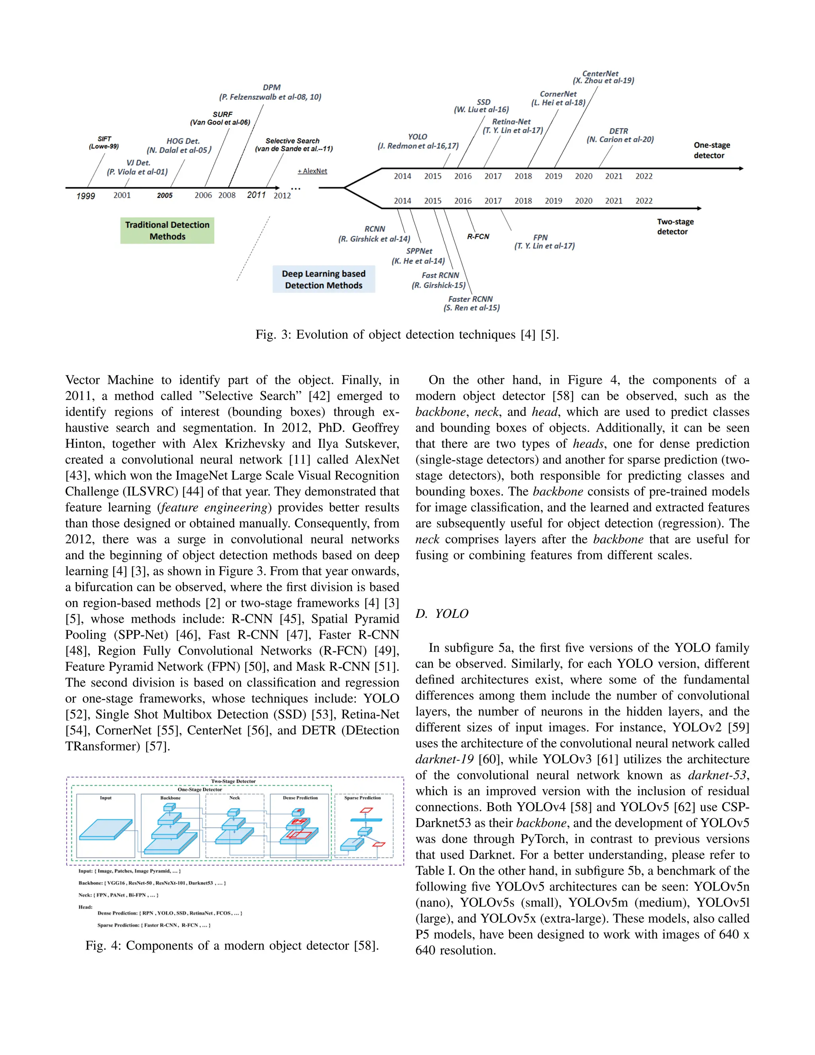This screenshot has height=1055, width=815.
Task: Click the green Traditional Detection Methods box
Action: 167,231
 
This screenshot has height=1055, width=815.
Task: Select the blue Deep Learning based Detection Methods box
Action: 324,279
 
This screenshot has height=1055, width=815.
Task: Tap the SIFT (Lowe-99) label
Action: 104,143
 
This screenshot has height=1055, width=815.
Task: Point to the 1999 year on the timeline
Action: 86,196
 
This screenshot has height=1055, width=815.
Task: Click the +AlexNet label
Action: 312,171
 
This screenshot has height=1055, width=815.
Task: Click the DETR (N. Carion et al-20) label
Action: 620,135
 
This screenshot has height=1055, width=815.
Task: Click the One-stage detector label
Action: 711,150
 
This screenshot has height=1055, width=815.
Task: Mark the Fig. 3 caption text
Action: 407,335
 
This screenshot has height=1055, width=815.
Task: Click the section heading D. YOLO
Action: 442,613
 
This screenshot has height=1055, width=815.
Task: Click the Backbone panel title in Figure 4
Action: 170,798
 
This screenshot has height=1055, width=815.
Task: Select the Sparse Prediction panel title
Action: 363,798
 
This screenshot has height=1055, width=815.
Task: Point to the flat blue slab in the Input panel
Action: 106,829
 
